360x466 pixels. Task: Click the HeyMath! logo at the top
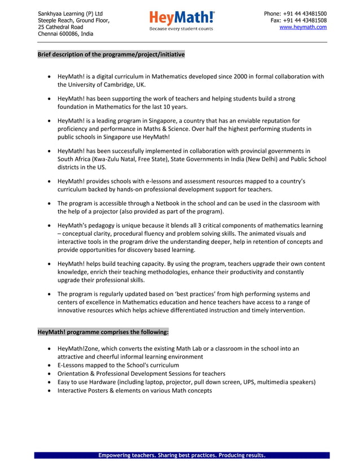[182, 17]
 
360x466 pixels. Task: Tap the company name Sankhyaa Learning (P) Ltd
[71, 14]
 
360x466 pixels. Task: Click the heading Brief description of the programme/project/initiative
[111, 55]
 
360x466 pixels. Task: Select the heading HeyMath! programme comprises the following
[103, 332]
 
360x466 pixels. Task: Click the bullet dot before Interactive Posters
[51, 390]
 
